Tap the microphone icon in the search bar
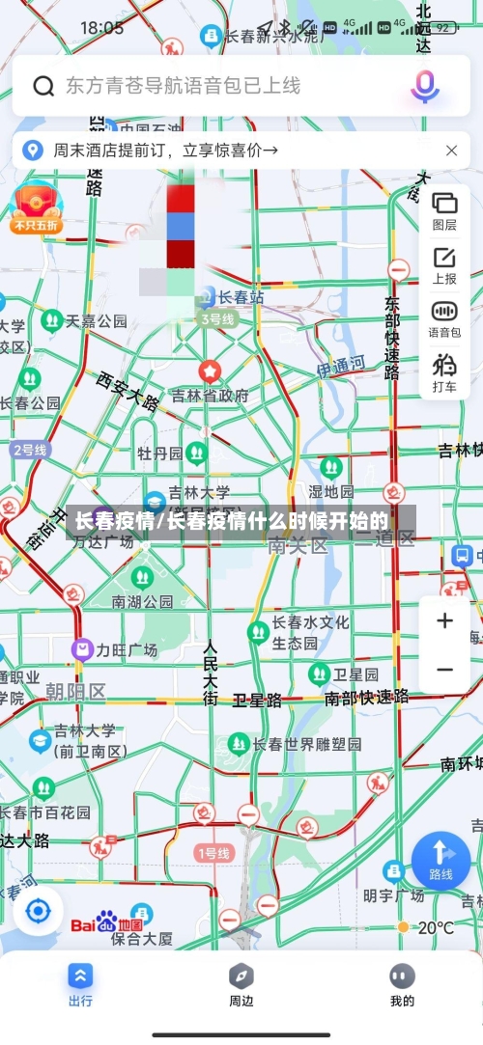click(424, 86)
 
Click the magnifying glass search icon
click(43, 87)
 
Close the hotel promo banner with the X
click(451, 151)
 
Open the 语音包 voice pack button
click(444, 319)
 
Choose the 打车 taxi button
click(444, 373)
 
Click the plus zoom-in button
click(444, 620)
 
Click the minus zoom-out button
click(444, 670)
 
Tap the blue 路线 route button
click(440, 859)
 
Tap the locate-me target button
click(38, 910)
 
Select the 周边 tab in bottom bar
click(241, 984)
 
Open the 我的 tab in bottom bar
click(402, 984)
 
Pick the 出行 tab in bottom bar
click(80, 984)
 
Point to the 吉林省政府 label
click(210, 395)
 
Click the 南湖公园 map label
click(142, 601)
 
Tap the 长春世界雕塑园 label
click(307, 745)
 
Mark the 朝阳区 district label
click(75, 691)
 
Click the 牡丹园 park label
click(159, 454)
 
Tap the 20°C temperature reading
click(435, 928)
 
